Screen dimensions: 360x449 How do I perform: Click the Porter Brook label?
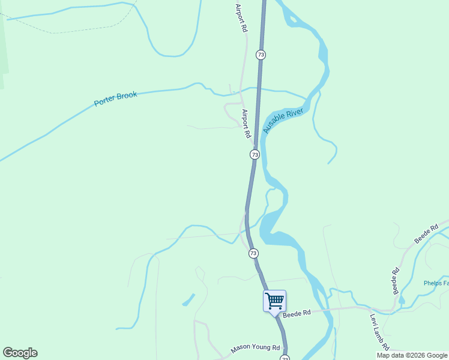tap(115, 99)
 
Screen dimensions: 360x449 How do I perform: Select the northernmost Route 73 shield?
tap(260, 55)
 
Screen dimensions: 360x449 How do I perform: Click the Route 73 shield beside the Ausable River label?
tap(255, 155)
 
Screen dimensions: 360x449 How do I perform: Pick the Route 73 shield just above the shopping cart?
tap(253, 254)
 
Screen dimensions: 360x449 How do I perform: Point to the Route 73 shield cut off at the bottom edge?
tap(285, 358)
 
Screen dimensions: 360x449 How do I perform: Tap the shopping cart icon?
tap(274, 301)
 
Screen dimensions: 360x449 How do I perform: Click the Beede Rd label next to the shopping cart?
tap(297, 313)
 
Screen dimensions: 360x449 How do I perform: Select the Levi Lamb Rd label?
tap(380, 332)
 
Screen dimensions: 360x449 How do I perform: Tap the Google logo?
tap(20, 353)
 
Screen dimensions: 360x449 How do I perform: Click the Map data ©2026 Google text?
tap(412, 355)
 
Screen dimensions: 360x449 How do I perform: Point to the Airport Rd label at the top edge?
tap(240, 16)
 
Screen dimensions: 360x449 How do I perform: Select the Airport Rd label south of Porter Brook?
tap(246, 124)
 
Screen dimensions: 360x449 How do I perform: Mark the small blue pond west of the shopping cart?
tap(188, 299)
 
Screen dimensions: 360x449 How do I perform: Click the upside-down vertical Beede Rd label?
tap(395, 281)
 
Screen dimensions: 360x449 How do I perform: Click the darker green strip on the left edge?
tap(4, 42)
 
